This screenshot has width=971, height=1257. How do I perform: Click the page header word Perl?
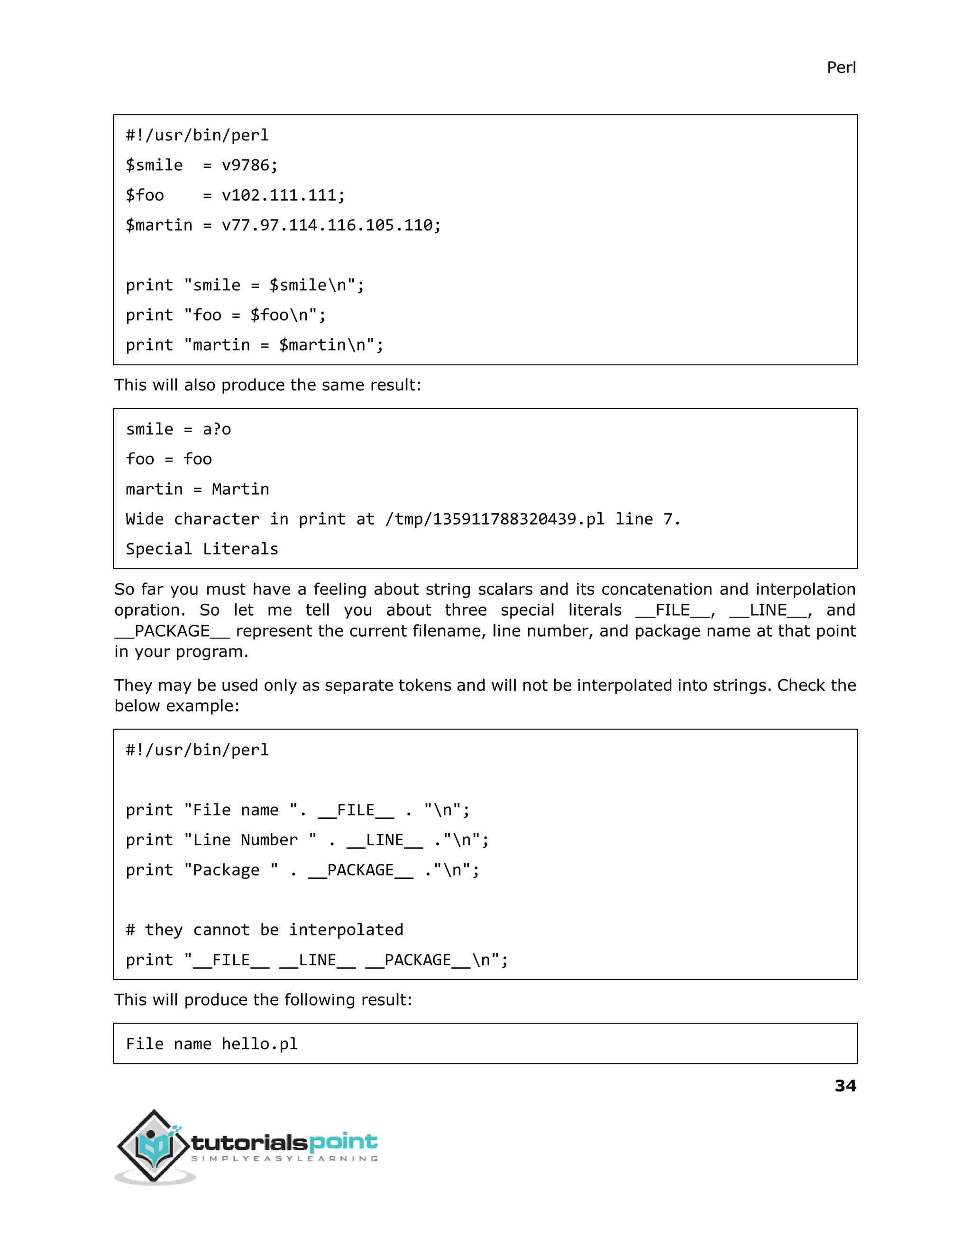[x=841, y=68]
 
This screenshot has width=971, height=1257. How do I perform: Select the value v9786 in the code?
[x=245, y=165]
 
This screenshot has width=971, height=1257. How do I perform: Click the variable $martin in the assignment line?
[x=159, y=225]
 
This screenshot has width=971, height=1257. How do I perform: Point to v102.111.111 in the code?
[x=278, y=195]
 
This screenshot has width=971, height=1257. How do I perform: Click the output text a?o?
[x=217, y=429]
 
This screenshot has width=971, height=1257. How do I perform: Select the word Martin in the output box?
[x=240, y=489]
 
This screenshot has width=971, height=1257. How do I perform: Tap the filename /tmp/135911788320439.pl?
[x=494, y=519]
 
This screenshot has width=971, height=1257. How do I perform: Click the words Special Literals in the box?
[x=202, y=549]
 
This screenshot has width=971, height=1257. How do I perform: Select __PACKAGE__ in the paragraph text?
[x=172, y=631]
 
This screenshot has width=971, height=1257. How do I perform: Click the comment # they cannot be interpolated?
[x=265, y=930]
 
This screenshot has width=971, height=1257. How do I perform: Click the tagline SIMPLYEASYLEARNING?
[x=284, y=1159]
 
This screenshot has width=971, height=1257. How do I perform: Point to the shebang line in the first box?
[x=197, y=135]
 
